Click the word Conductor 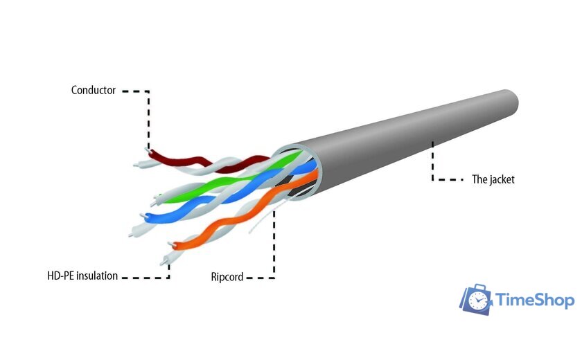point(93,90)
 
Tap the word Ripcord point(227,277)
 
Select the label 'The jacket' point(493,179)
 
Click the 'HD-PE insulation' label point(82,276)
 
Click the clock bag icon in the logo point(476,300)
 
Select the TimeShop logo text point(534,300)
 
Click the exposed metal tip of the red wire point(148,150)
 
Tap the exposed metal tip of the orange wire point(172,244)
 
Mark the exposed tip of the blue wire point(143,216)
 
